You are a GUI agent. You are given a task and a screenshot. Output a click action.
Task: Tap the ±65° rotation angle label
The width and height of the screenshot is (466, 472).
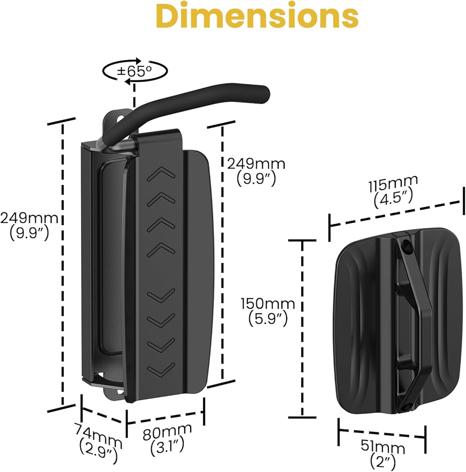coord(135,72)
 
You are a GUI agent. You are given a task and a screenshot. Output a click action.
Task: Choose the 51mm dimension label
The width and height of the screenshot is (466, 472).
coord(383,447)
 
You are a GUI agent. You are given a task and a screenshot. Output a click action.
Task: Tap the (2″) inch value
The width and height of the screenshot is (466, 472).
coord(383,462)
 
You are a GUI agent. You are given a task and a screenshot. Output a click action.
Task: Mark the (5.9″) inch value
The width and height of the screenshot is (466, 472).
coord(268,319)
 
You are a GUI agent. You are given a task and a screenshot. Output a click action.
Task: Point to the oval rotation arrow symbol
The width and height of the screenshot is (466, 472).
coord(135,72)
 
